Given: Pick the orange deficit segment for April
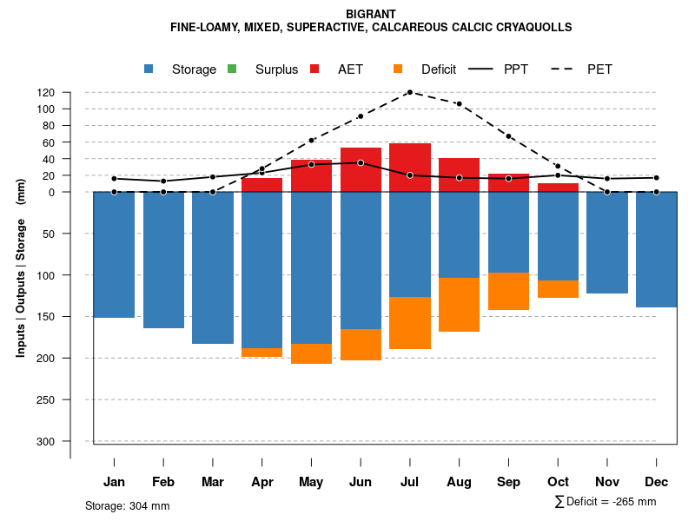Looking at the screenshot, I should pyautogui.click(x=261, y=353).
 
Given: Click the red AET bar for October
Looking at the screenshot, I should pyautogui.click(x=558, y=188).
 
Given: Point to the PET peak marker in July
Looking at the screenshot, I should pyautogui.click(x=409, y=92).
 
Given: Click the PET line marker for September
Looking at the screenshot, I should pyautogui.click(x=508, y=136).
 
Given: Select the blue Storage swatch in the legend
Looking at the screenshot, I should pyautogui.click(x=149, y=69).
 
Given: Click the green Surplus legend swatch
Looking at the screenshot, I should pyautogui.click(x=232, y=69).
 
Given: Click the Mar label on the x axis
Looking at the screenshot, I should pyautogui.click(x=212, y=482).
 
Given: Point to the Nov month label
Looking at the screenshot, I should pyautogui.click(x=607, y=482).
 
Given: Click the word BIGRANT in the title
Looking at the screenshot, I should pyautogui.click(x=371, y=14).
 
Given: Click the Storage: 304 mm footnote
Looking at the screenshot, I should pyautogui.click(x=127, y=505).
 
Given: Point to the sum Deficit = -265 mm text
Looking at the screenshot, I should pyautogui.click(x=606, y=502).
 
